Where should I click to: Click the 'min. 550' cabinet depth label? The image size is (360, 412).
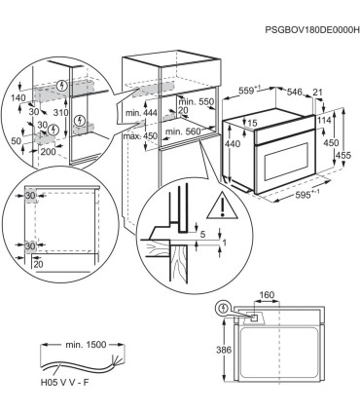194,102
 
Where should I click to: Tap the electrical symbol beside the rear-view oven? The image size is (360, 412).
227,308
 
